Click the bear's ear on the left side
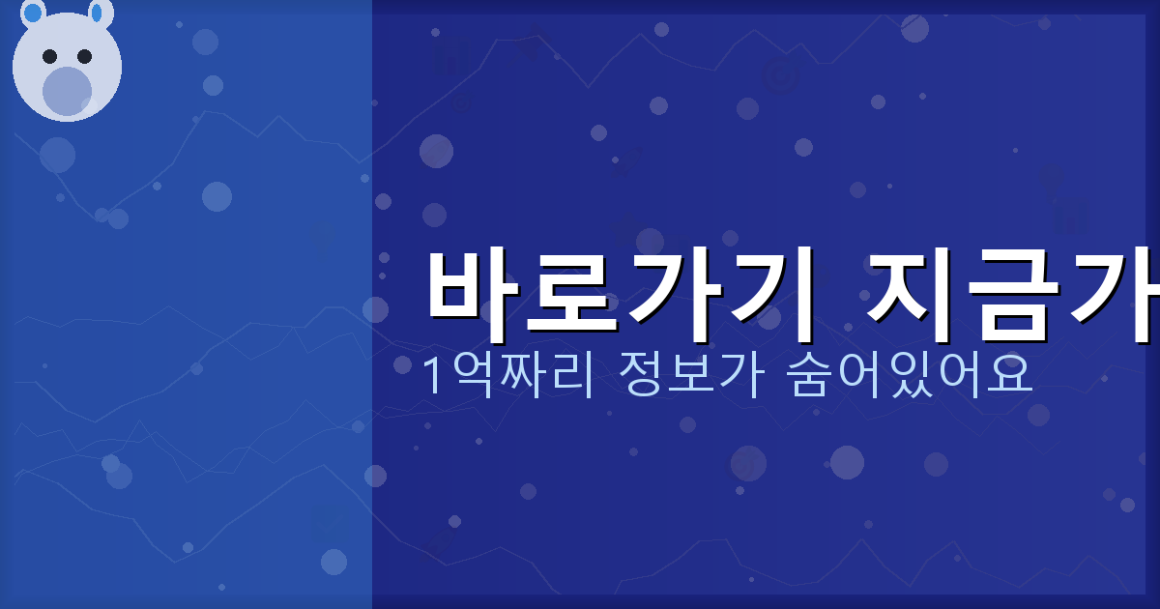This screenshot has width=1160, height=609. (x=33, y=13)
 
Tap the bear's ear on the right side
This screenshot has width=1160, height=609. (x=101, y=13)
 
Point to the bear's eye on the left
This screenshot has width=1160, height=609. (x=50, y=56)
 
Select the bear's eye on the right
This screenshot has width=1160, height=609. (x=84, y=56)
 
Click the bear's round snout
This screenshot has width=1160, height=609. (x=67, y=91)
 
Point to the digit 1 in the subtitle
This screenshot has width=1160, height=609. (x=433, y=376)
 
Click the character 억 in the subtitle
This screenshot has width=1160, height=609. (x=471, y=376)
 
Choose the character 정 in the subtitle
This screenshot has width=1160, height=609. (x=638, y=376)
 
